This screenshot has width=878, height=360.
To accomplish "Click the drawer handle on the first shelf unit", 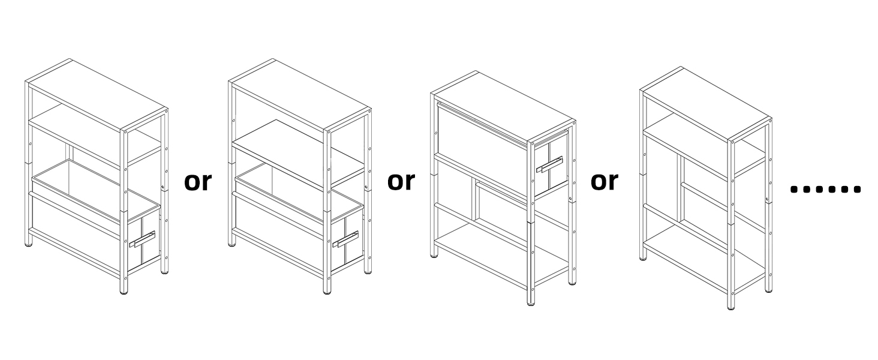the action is coord(142,239).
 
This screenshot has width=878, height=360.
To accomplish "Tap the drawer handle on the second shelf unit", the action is coord(345,239).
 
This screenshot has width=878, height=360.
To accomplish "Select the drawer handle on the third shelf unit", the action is coord(549,164).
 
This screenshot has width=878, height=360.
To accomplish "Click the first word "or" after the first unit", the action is coord(198,182).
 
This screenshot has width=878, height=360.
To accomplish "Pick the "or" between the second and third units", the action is coord(401,182).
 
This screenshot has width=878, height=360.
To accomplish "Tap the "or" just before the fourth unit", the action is coord(605,182).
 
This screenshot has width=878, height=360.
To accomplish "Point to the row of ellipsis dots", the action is coord(825,189).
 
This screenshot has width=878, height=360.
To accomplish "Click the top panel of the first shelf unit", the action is coord(98,95).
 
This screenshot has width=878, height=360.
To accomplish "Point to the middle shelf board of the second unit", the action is coord(298,154).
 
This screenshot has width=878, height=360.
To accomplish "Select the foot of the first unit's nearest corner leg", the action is coord(124,292).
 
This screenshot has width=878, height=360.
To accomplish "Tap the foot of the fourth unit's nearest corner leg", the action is coord(730,307).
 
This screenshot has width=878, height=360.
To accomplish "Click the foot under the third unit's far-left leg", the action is coord(434,255).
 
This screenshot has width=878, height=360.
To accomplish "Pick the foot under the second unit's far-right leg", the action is coord(368,271).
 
